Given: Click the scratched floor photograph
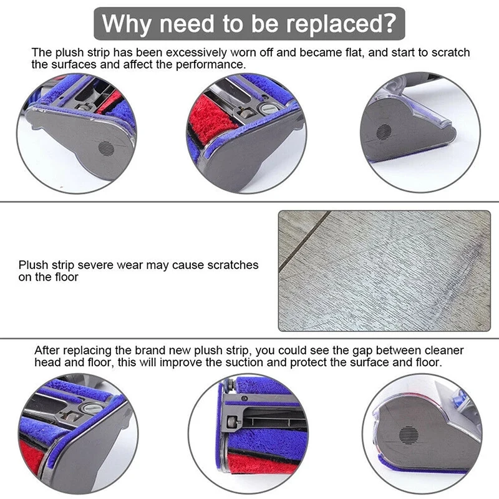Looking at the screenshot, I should (384, 269).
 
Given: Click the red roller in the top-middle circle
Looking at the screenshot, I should (212, 119).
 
